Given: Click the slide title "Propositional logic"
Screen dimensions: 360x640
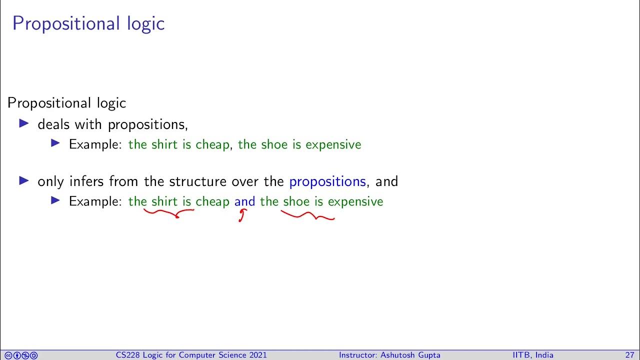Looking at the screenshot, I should tap(88, 23).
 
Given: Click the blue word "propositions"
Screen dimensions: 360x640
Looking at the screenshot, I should tap(327, 181).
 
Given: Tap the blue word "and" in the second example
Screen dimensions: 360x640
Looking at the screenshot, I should tap(244, 201).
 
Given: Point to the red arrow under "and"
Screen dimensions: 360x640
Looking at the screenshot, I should tap(242, 215).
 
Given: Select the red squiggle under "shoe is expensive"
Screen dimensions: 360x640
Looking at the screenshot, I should tap(307, 216).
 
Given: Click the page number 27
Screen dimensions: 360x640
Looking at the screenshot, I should tap(629, 355).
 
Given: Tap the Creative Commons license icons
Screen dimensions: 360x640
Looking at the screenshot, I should tap(20, 355).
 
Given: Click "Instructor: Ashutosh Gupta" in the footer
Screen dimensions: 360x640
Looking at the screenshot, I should tap(389, 355).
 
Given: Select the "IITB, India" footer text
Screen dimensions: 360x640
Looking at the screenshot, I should tap(533, 355).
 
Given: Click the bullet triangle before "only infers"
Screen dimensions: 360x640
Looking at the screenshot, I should tap(24, 181).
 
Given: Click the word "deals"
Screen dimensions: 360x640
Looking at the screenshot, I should tap(54, 124).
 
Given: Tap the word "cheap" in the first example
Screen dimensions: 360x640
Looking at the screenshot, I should tap(212, 145).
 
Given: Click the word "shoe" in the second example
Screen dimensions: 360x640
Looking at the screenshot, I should tap(296, 201).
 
